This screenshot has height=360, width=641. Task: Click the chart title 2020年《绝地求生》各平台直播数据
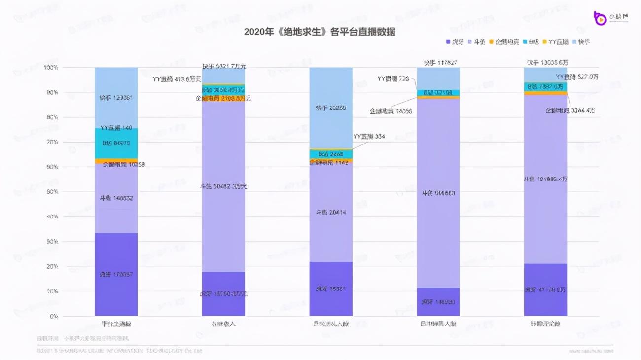coord(320,32)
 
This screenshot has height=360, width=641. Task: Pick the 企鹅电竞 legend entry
coord(504,42)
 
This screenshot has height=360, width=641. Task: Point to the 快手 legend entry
coord(581,42)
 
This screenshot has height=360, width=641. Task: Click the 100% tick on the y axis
coord(51,67)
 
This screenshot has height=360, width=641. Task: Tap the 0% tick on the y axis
coord(53,316)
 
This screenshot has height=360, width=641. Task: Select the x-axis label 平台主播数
coord(116,324)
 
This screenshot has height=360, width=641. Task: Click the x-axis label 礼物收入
coord(223,324)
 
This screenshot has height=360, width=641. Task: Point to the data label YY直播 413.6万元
coord(176,79)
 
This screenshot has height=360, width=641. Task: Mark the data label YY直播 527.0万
coord(575,77)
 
